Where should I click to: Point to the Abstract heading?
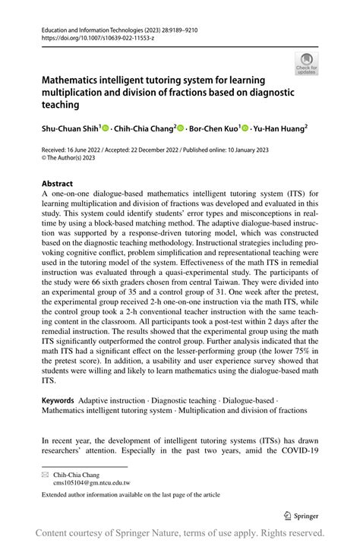coord(58,183)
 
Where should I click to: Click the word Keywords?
coord(58,400)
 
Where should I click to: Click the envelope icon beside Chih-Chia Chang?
coord(46,473)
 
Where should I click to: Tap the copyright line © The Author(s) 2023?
coord(80,159)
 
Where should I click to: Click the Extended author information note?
coord(131,494)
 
